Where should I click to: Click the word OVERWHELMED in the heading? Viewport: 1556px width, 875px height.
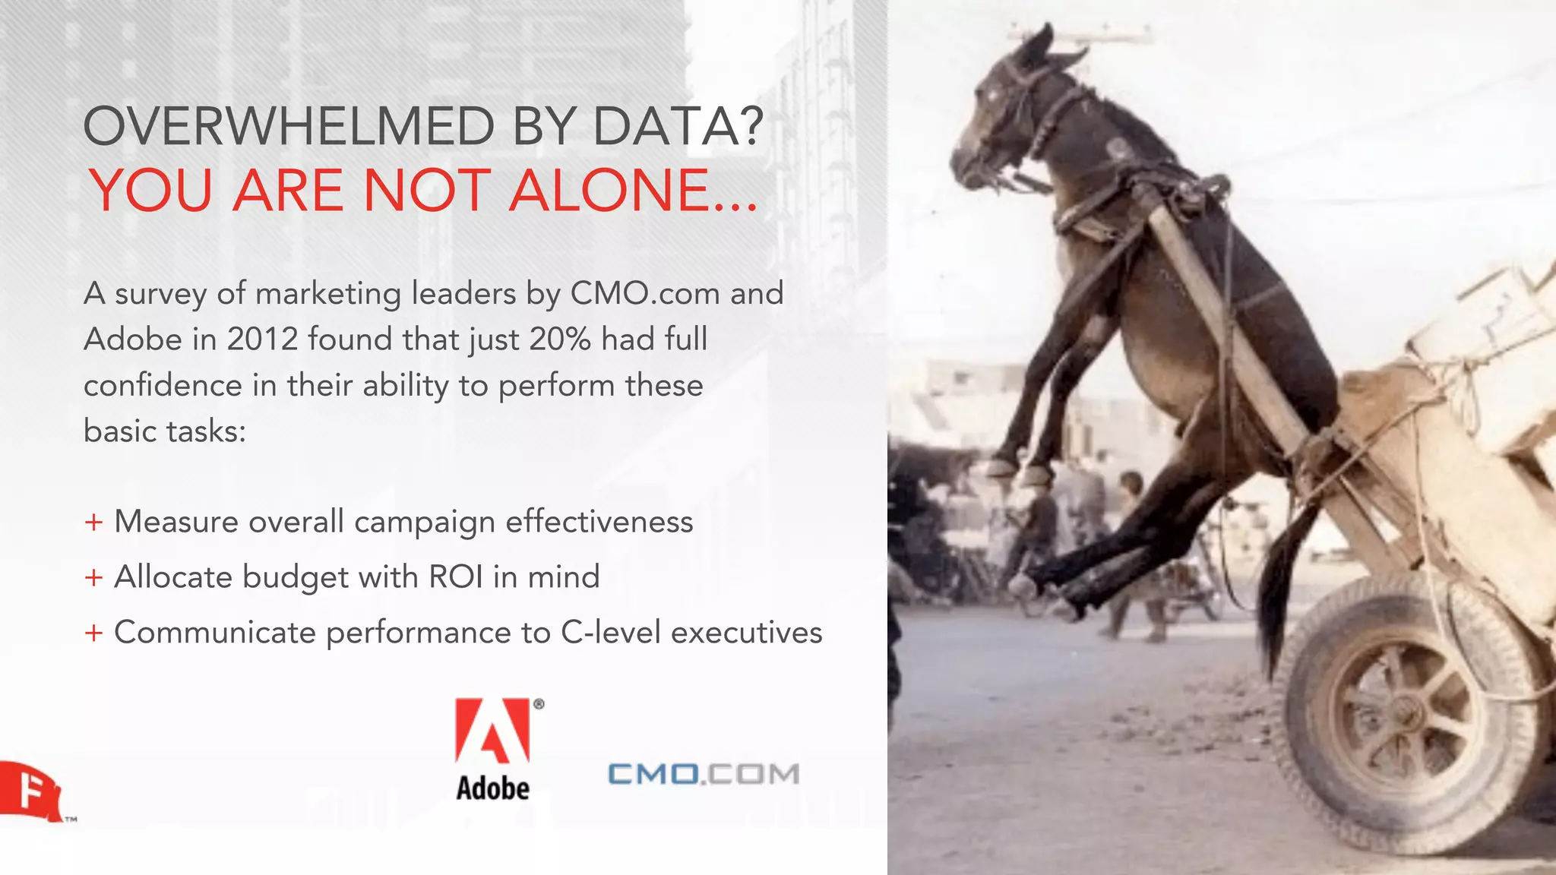tap(289, 126)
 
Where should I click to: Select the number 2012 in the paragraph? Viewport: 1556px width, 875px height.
tap(261, 339)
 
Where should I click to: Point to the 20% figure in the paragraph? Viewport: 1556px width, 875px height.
tap(560, 339)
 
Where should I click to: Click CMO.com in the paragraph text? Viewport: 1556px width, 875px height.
tap(644, 293)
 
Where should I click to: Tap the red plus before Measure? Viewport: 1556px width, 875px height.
tap(93, 523)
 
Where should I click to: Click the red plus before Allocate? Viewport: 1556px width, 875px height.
tap(93, 578)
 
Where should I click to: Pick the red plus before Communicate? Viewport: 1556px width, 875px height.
tap(93, 633)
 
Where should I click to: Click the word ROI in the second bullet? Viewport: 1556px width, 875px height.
tap(455, 577)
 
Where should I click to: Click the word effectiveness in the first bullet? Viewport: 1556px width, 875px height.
tap(599, 522)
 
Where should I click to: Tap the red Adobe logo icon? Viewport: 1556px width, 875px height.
tap(492, 730)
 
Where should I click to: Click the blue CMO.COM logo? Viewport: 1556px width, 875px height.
tap(704, 774)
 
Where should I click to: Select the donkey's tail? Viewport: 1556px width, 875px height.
tap(1284, 585)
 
